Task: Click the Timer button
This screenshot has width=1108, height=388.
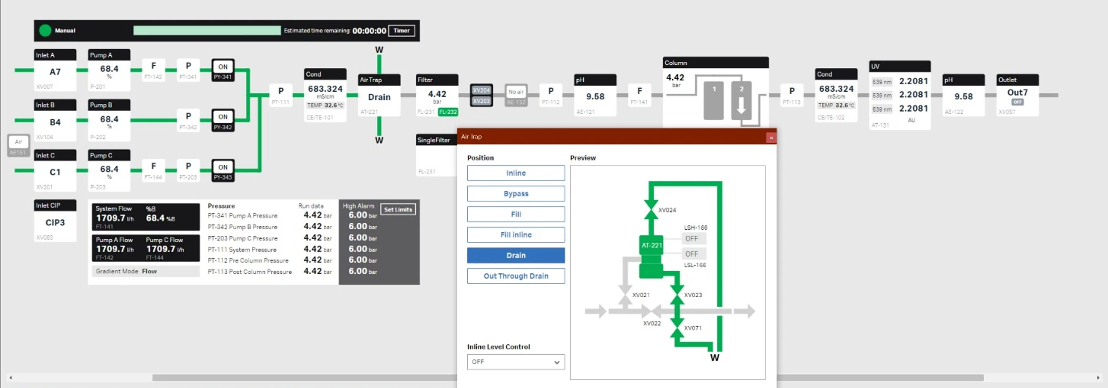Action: tap(401, 31)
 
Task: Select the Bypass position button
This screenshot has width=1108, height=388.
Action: tap(516, 193)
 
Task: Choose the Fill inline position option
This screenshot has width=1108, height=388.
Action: tap(516, 235)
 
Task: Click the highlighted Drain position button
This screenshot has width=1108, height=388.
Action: tap(516, 256)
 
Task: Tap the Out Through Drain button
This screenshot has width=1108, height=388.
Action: tap(516, 276)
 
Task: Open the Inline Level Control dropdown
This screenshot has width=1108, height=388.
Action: tap(516, 362)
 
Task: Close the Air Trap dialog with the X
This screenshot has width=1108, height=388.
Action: tap(771, 138)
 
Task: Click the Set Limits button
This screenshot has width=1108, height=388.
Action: tap(398, 210)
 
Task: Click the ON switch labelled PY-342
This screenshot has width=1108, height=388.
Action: tap(223, 120)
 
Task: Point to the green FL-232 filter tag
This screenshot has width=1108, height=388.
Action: tap(448, 112)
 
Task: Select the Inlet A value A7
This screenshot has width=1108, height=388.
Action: tap(55, 72)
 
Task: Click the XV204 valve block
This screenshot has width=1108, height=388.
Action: tap(481, 90)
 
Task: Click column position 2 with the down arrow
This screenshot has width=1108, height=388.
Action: tap(741, 100)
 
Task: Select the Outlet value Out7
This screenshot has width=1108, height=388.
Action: tap(1017, 93)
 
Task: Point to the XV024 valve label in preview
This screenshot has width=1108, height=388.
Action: tap(667, 210)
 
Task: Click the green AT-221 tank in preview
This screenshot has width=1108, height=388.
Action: tap(651, 245)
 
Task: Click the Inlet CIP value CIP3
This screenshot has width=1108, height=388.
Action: tap(55, 222)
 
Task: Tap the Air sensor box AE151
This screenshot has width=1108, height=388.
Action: tap(19, 145)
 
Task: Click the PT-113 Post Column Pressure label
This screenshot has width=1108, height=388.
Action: tap(249, 272)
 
